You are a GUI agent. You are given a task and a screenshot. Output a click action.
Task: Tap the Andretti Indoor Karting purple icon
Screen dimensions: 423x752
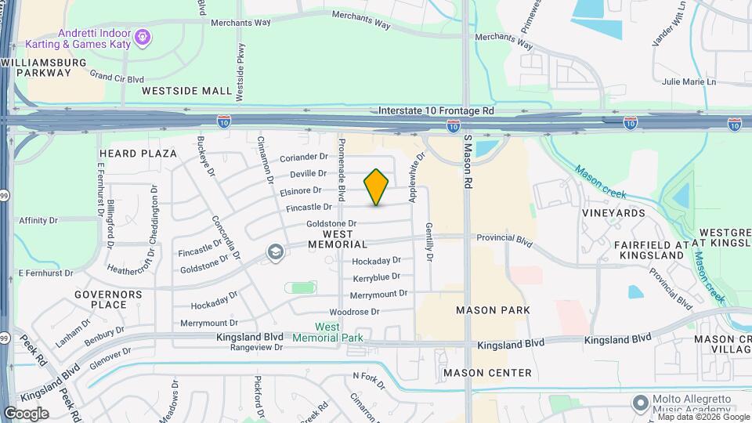click(142, 36)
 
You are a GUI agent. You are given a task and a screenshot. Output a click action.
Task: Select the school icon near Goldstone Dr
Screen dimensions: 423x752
click(275, 251)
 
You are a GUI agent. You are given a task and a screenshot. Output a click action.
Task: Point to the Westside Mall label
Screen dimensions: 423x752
click(187, 91)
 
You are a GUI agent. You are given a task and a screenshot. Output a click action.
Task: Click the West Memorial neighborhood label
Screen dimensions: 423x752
click(338, 239)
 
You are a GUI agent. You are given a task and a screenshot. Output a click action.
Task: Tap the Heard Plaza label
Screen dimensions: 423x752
click(138, 154)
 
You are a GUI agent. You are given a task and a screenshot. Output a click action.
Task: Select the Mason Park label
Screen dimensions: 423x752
click(493, 310)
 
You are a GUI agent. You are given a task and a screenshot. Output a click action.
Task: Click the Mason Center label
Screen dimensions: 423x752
click(487, 373)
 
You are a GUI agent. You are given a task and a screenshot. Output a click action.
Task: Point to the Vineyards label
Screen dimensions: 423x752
click(613, 212)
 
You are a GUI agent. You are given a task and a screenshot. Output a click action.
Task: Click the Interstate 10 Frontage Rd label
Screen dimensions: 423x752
click(436, 112)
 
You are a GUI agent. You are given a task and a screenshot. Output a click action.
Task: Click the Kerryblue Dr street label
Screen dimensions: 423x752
click(377, 277)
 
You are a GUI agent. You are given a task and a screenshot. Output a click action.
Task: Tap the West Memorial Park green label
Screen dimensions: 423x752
click(338, 331)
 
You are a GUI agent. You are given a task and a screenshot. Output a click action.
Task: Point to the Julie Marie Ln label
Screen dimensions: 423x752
click(689, 81)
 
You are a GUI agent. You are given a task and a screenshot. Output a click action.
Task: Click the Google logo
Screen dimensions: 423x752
click(26, 414)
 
